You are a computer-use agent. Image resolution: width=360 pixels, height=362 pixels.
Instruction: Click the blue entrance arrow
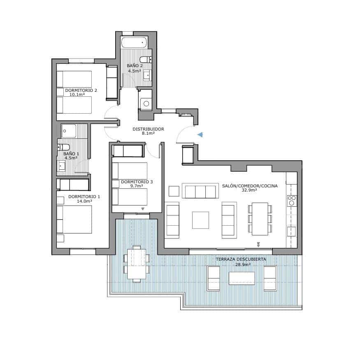click(x=200, y=134)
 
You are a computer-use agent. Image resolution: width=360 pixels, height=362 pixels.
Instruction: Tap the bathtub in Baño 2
click(x=134, y=42)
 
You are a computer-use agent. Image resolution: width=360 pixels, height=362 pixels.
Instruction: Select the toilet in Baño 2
click(x=146, y=59)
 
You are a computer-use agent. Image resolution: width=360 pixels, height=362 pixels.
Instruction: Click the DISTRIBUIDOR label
click(x=148, y=129)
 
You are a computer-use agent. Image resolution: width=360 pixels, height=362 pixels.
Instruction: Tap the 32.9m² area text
click(x=249, y=191)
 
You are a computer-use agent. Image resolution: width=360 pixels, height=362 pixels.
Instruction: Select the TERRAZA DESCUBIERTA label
click(x=241, y=259)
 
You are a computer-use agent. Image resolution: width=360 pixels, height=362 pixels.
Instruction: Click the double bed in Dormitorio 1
click(x=74, y=219)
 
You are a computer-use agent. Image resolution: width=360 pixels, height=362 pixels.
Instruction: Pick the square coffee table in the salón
click(x=200, y=220)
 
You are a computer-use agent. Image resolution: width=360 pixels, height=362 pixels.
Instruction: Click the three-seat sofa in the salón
click(x=200, y=192)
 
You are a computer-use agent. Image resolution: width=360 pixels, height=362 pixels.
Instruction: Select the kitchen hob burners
click(x=292, y=201)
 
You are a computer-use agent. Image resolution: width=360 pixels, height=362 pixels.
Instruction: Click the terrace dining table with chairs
click(x=136, y=264)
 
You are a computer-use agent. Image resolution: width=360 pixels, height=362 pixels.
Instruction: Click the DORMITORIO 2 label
click(x=81, y=90)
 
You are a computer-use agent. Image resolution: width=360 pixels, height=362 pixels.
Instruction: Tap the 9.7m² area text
click(x=136, y=186)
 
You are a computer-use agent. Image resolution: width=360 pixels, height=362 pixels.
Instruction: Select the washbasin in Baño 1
click(x=62, y=166)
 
